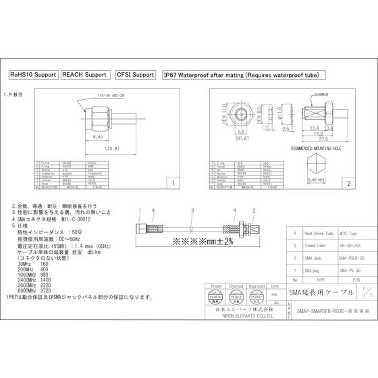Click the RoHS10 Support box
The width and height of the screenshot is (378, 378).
[32, 74]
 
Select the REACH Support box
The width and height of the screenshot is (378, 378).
[84, 74]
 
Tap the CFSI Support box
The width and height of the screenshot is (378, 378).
[135, 74]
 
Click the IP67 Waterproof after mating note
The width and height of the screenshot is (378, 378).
[241, 74]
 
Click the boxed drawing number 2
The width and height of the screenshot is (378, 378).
[348, 183]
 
